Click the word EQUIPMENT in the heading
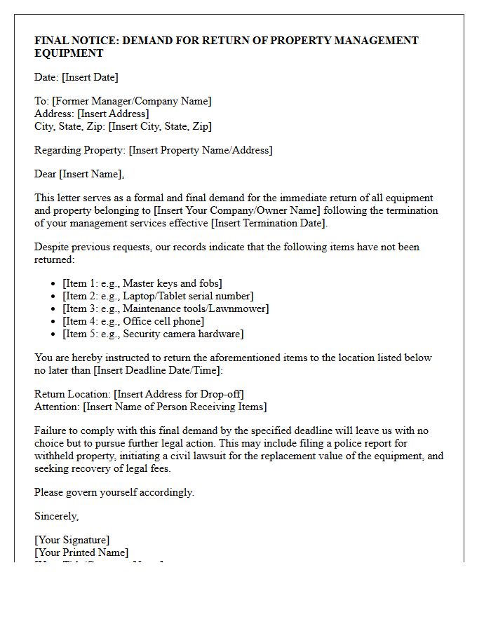[x=69, y=53]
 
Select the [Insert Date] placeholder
[x=90, y=77]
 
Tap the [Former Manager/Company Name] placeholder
[x=132, y=101]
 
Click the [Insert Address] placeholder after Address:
[x=113, y=114]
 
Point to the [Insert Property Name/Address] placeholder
[x=201, y=150]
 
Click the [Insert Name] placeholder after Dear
[x=92, y=174]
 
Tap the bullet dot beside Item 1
[x=55, y=284]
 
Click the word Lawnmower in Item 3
[x=241, y=308]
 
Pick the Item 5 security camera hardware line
[x=153, y=334]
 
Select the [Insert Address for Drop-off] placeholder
[x=179, y=394]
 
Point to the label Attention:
[x=57, y=407]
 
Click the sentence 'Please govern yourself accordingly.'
[x=114, y=492]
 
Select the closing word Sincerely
[x=57, y=516]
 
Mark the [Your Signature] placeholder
[x=72, y=540]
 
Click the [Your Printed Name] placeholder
[x=81, y=552]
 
